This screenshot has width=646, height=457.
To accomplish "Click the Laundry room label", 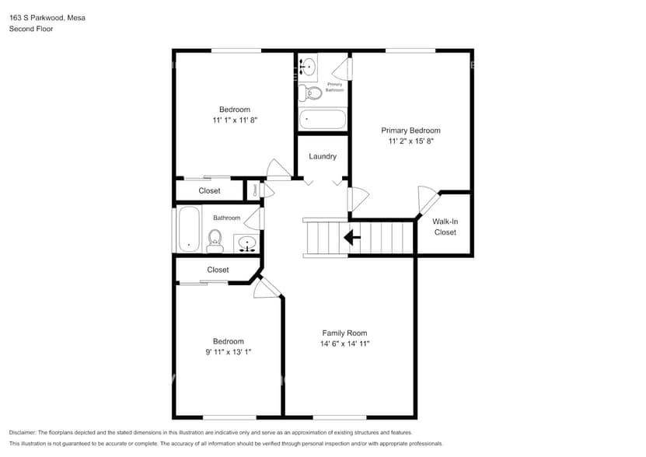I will point(323,156).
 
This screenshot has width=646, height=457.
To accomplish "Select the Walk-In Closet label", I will point(445,227).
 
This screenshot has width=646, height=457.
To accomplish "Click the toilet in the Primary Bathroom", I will point(312,93).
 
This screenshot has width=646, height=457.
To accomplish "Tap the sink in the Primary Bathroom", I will point(307,68).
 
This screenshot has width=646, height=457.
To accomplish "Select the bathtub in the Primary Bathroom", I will point(323,119).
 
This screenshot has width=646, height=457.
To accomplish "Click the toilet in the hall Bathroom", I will point(215,240).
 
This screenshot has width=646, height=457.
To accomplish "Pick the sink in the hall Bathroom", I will point(247,244).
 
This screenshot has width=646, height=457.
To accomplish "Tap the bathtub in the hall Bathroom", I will point(189,229).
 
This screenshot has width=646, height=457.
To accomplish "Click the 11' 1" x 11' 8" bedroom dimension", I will point(234,120).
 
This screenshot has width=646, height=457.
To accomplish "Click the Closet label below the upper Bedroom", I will point(209,190).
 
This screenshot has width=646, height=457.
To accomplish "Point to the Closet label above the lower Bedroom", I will point(218,270).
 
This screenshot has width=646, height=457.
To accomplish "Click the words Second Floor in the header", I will point(31,29).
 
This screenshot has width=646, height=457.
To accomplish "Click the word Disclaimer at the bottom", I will point(23,432).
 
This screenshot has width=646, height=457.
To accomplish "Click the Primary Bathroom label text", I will point(334,87).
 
